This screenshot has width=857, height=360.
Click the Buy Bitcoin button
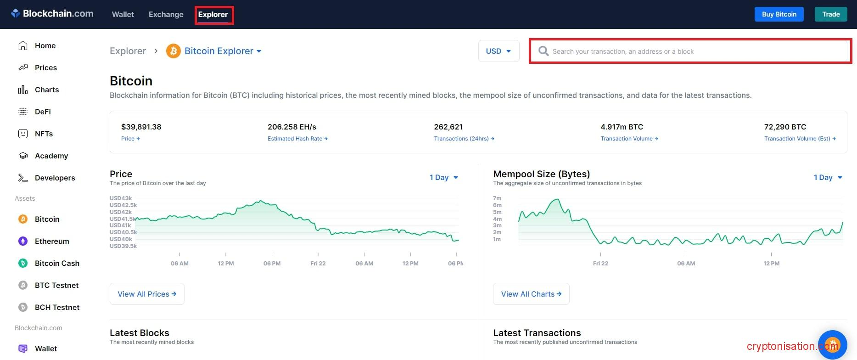click(779, 14)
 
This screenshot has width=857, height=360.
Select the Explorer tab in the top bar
click(213, 14)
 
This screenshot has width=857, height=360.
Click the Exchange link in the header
click(166, 14)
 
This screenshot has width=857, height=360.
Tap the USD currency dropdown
click(499, 51)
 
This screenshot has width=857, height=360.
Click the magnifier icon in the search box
click(543, 51)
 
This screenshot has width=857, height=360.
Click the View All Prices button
click(147, 294)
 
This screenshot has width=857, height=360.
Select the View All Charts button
click(531, 294)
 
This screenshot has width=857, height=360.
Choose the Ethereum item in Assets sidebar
click(51, 241)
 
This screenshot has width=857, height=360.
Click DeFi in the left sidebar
click(43, 112)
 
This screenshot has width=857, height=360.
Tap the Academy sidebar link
click(51, 156)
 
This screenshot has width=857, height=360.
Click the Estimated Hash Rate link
click(297, 139)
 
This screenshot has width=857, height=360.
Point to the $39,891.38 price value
click(141, 127)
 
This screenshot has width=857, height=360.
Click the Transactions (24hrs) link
click(464, 139)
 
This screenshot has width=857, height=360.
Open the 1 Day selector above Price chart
click(443, 177)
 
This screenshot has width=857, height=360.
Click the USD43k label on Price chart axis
click(121, 198)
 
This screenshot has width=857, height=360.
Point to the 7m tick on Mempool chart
click(497, 198)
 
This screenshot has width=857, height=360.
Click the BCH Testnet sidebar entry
click(57, 307)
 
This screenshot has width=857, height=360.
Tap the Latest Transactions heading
click(537, 333)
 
